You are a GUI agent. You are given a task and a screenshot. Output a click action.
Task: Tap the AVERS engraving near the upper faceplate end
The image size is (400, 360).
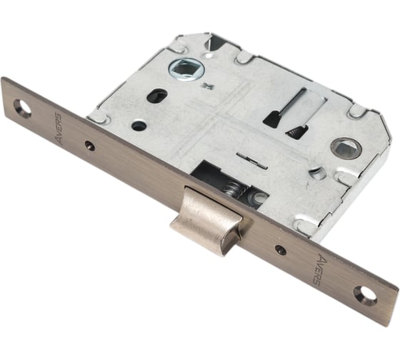coord(57,129)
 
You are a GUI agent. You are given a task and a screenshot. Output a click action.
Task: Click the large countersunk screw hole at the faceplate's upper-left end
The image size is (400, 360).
coord(22,109)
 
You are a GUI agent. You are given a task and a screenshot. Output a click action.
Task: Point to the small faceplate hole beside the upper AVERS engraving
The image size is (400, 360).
coord(90,145)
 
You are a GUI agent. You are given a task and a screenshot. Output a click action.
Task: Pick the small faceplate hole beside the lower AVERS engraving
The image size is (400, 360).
coord(281,249)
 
